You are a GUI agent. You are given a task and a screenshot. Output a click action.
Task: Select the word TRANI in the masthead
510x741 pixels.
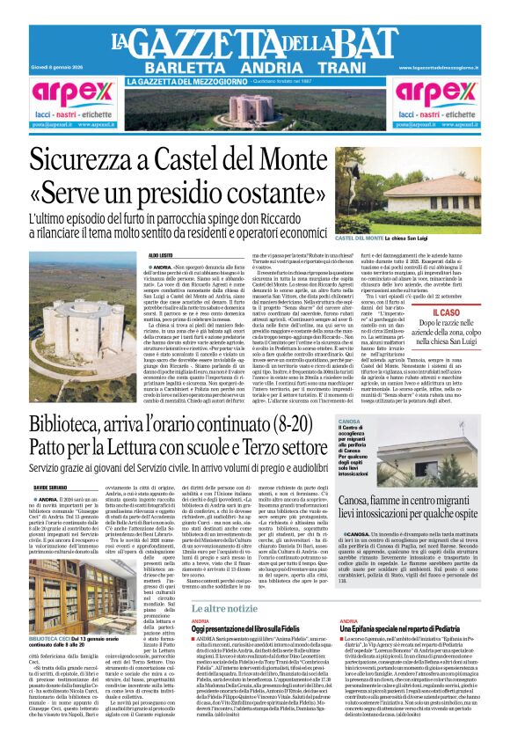coord(335,67)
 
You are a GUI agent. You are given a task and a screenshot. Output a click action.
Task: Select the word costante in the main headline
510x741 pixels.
coord(300,194)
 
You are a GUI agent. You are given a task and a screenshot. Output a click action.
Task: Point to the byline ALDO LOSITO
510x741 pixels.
coord(161,254)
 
